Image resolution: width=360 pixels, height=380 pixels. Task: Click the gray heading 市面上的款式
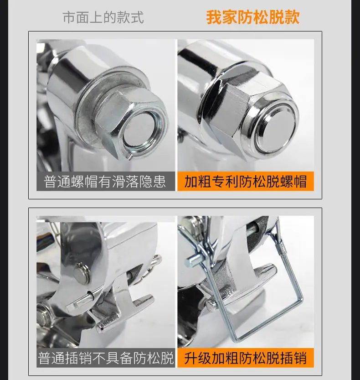[103, 17]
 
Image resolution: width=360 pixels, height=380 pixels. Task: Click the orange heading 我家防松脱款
[253, 17]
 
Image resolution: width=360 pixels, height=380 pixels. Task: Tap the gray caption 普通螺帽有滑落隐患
[105, 182]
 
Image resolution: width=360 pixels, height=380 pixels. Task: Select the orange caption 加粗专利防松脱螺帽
[246, 182]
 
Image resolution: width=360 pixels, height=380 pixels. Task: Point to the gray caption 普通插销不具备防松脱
[106, 358]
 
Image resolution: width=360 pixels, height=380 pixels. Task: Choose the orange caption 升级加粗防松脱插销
[246, 358]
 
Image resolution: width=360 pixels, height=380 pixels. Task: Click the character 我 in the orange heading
[214, 17]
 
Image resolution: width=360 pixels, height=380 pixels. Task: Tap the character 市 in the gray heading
[69, 17]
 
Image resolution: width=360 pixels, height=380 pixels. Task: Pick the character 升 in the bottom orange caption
[191, 358]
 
